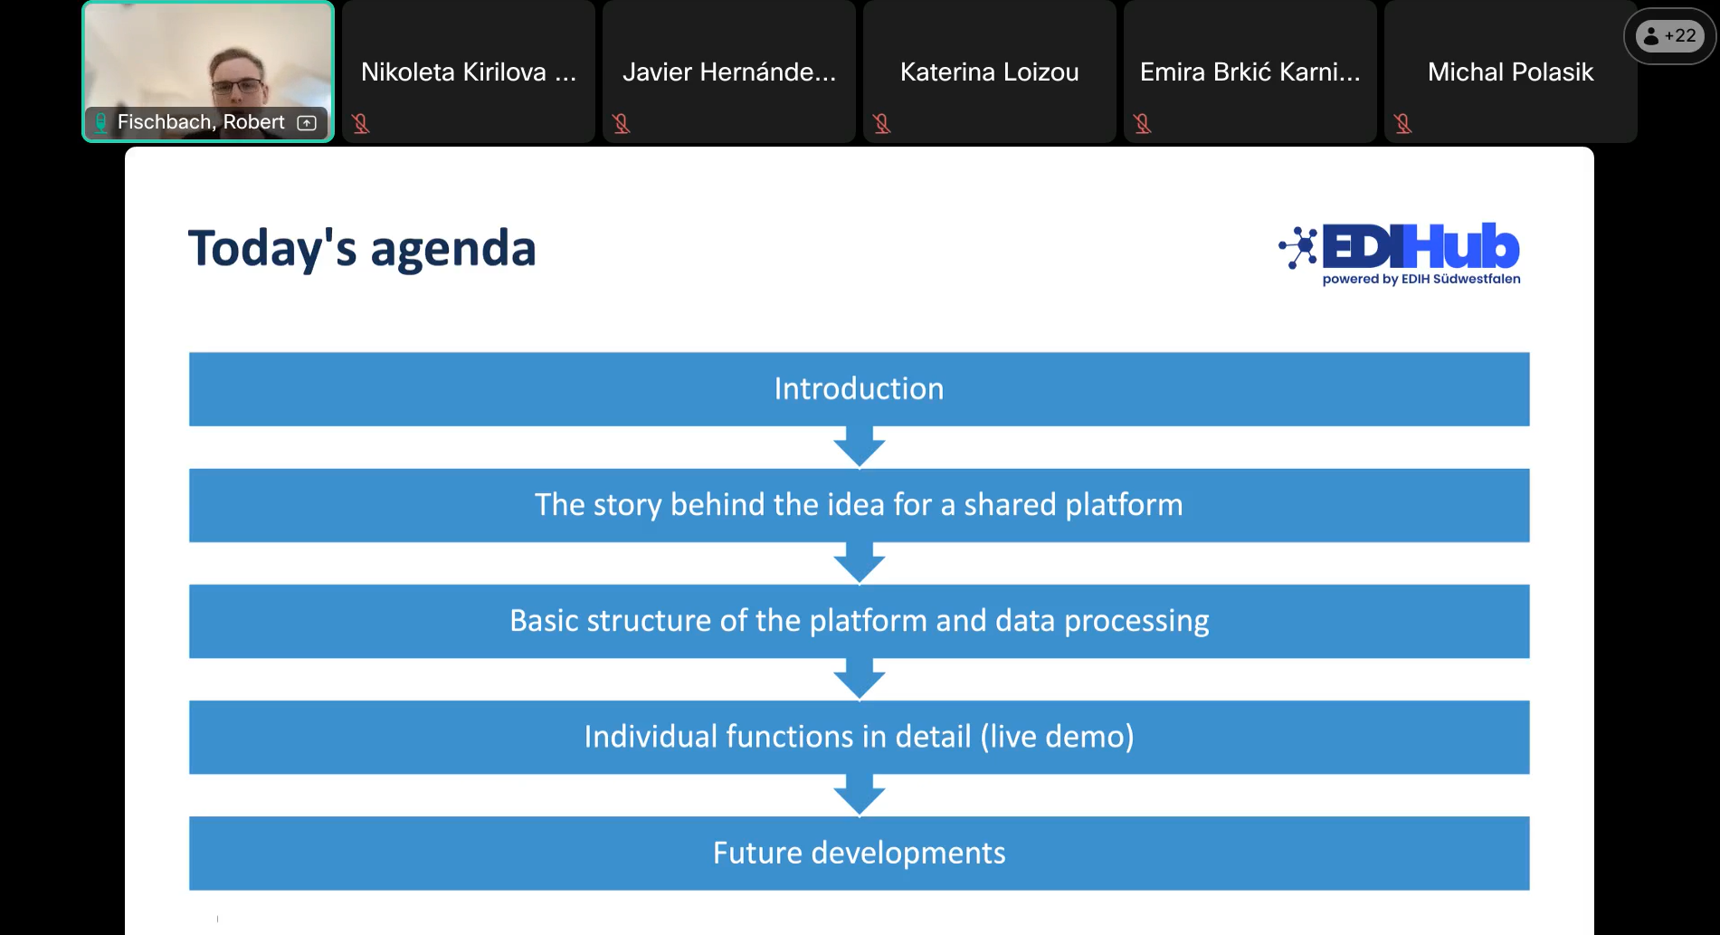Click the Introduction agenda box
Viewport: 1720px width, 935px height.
click(x=859, y=389)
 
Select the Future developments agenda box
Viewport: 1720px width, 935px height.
click(x=859, y=853)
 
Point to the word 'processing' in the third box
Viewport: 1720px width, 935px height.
click(x=1136, y=621)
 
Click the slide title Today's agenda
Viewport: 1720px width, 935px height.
click(x=362, y=248)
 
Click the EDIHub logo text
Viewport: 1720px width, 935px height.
click(x=1421, y=246)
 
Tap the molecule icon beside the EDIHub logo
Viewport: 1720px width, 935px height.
click(x=1299, y=247)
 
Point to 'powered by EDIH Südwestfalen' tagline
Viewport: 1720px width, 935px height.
click(x=1421, y=280)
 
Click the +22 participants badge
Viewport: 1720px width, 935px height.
click(x=1670, y=36)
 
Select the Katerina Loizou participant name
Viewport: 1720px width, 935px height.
click(x=989, y=72)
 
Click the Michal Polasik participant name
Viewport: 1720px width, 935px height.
click(x=1510, y=72)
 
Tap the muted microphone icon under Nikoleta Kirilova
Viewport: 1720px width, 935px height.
click(x=361, y=123)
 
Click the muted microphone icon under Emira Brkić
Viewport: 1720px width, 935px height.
click(x=1143, y=123)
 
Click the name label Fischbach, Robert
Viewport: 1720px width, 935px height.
click(x=201, y=122)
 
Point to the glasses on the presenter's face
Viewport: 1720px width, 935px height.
click(x=237, y=88)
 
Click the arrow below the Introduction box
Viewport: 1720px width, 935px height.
click(x=859, y=447)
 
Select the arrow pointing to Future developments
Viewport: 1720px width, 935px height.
click(x=859, y=795)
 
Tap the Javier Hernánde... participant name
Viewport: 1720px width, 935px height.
click(x=728, y=72)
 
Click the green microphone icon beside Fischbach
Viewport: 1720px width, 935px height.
click(x=101, y=122)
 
